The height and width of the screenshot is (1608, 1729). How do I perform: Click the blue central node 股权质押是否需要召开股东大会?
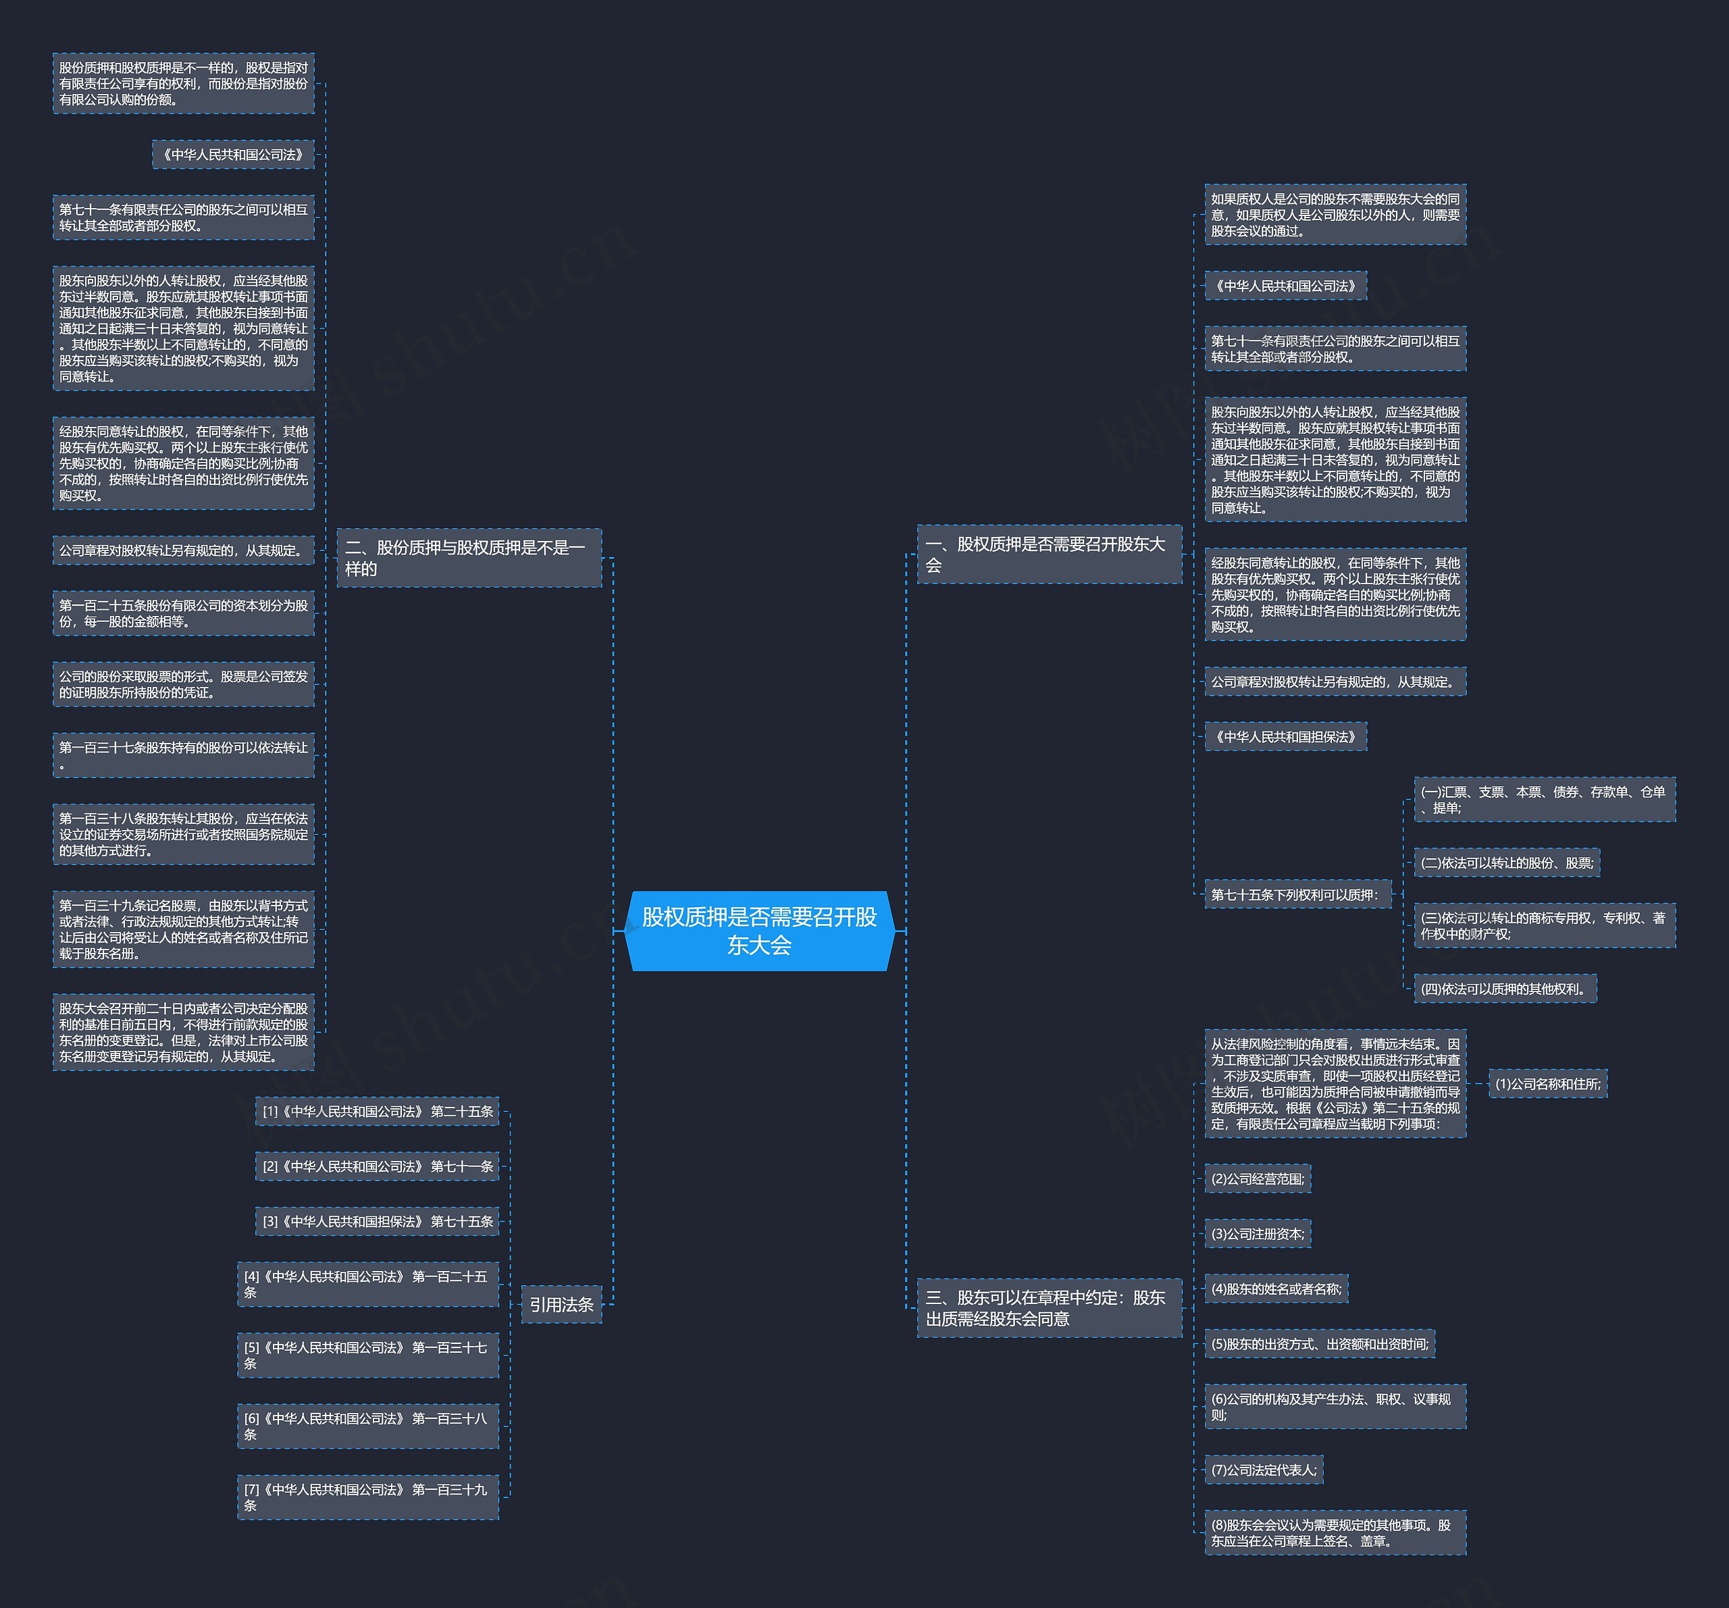(759, 931)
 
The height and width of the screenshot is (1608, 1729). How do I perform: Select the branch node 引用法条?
(561, 1305)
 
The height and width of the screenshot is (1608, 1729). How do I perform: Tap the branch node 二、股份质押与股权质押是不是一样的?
(469, 557)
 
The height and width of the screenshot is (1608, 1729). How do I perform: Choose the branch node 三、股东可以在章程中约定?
(1049, 1308)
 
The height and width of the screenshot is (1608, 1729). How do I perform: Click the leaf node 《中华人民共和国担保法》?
(1285, 737)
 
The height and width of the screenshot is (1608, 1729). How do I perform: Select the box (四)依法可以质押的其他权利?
(1505, 988)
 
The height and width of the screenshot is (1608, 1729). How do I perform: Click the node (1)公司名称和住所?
(1548, 1084)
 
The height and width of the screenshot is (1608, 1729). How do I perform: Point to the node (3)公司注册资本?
(1258, 1233)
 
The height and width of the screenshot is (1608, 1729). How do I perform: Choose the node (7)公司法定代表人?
(1264, 1470)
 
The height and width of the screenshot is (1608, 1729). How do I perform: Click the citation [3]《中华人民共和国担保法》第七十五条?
(378, 1221)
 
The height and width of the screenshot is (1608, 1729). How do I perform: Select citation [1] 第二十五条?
(378, 1112)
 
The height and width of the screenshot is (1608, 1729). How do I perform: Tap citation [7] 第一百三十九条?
(368, 1497)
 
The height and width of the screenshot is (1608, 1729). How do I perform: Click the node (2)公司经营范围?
(1258, 1178)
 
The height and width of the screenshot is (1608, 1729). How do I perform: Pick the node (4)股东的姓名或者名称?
(1276, 1289)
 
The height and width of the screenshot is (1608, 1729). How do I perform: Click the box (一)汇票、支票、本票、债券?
(1545, 799)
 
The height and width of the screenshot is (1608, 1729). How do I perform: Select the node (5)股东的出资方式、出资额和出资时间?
(1319, 1344)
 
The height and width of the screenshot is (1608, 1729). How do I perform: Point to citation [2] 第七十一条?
(378, 1166)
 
